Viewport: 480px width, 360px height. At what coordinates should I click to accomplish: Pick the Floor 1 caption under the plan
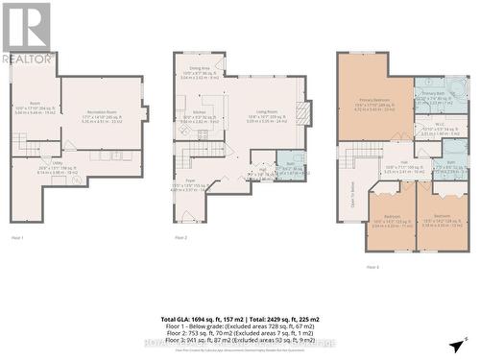tap(17, 236)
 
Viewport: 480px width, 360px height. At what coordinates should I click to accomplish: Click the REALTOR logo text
tap(27, 58)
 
